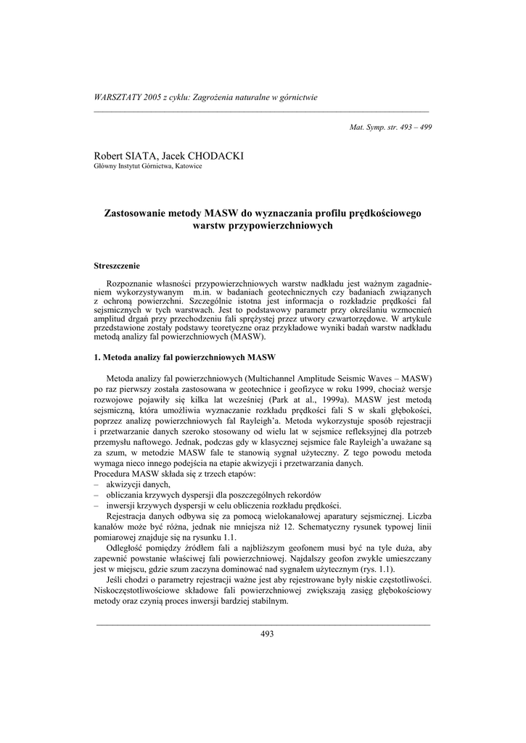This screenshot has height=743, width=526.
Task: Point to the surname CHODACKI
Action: (216, 156)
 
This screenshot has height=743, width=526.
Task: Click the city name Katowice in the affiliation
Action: (186, 166)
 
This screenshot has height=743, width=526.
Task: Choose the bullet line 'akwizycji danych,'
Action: (138, 484)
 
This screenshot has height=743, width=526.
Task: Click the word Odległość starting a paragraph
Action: (128, 549)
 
